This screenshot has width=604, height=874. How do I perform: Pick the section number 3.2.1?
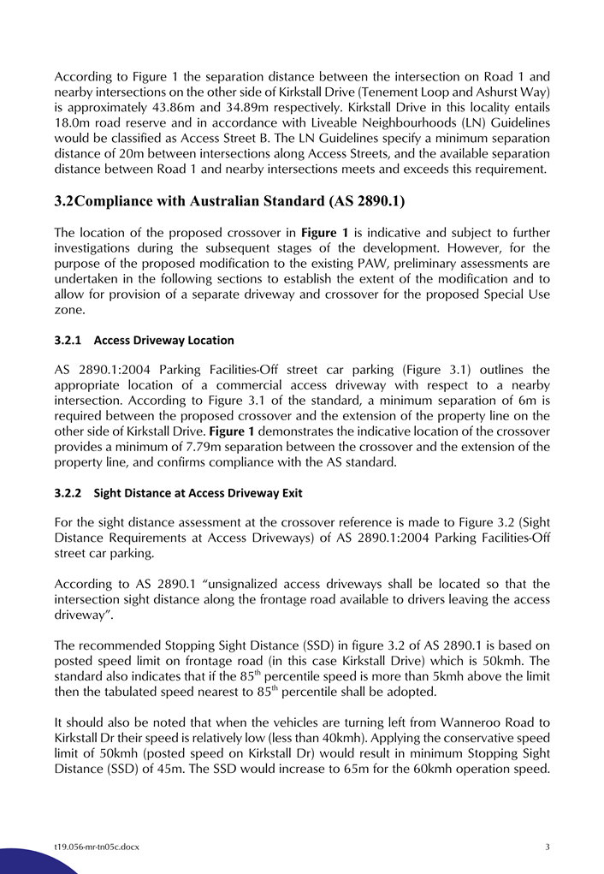68,341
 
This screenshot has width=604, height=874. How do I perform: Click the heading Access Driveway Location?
163,341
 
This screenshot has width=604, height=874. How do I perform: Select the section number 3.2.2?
68,493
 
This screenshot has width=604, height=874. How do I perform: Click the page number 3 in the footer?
547,847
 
